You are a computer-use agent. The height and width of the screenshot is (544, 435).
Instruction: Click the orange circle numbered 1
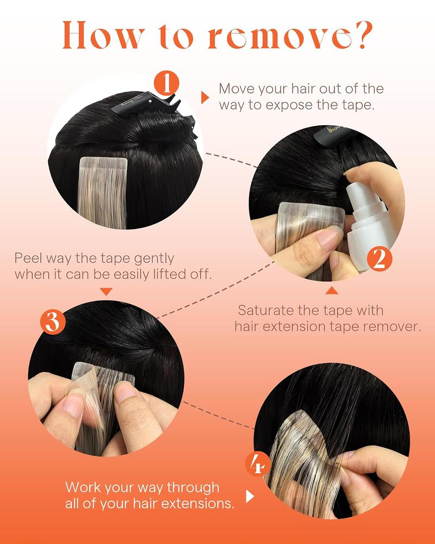(x=167, y=84)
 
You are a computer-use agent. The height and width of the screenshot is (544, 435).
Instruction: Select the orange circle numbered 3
(x=53, y=322)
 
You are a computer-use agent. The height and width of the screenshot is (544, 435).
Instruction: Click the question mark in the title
(x=361, y=35)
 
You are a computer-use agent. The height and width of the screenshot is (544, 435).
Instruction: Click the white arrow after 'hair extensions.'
(x=250, y=496)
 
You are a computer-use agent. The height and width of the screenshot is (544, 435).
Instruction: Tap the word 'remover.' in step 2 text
(x=409, y=326)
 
